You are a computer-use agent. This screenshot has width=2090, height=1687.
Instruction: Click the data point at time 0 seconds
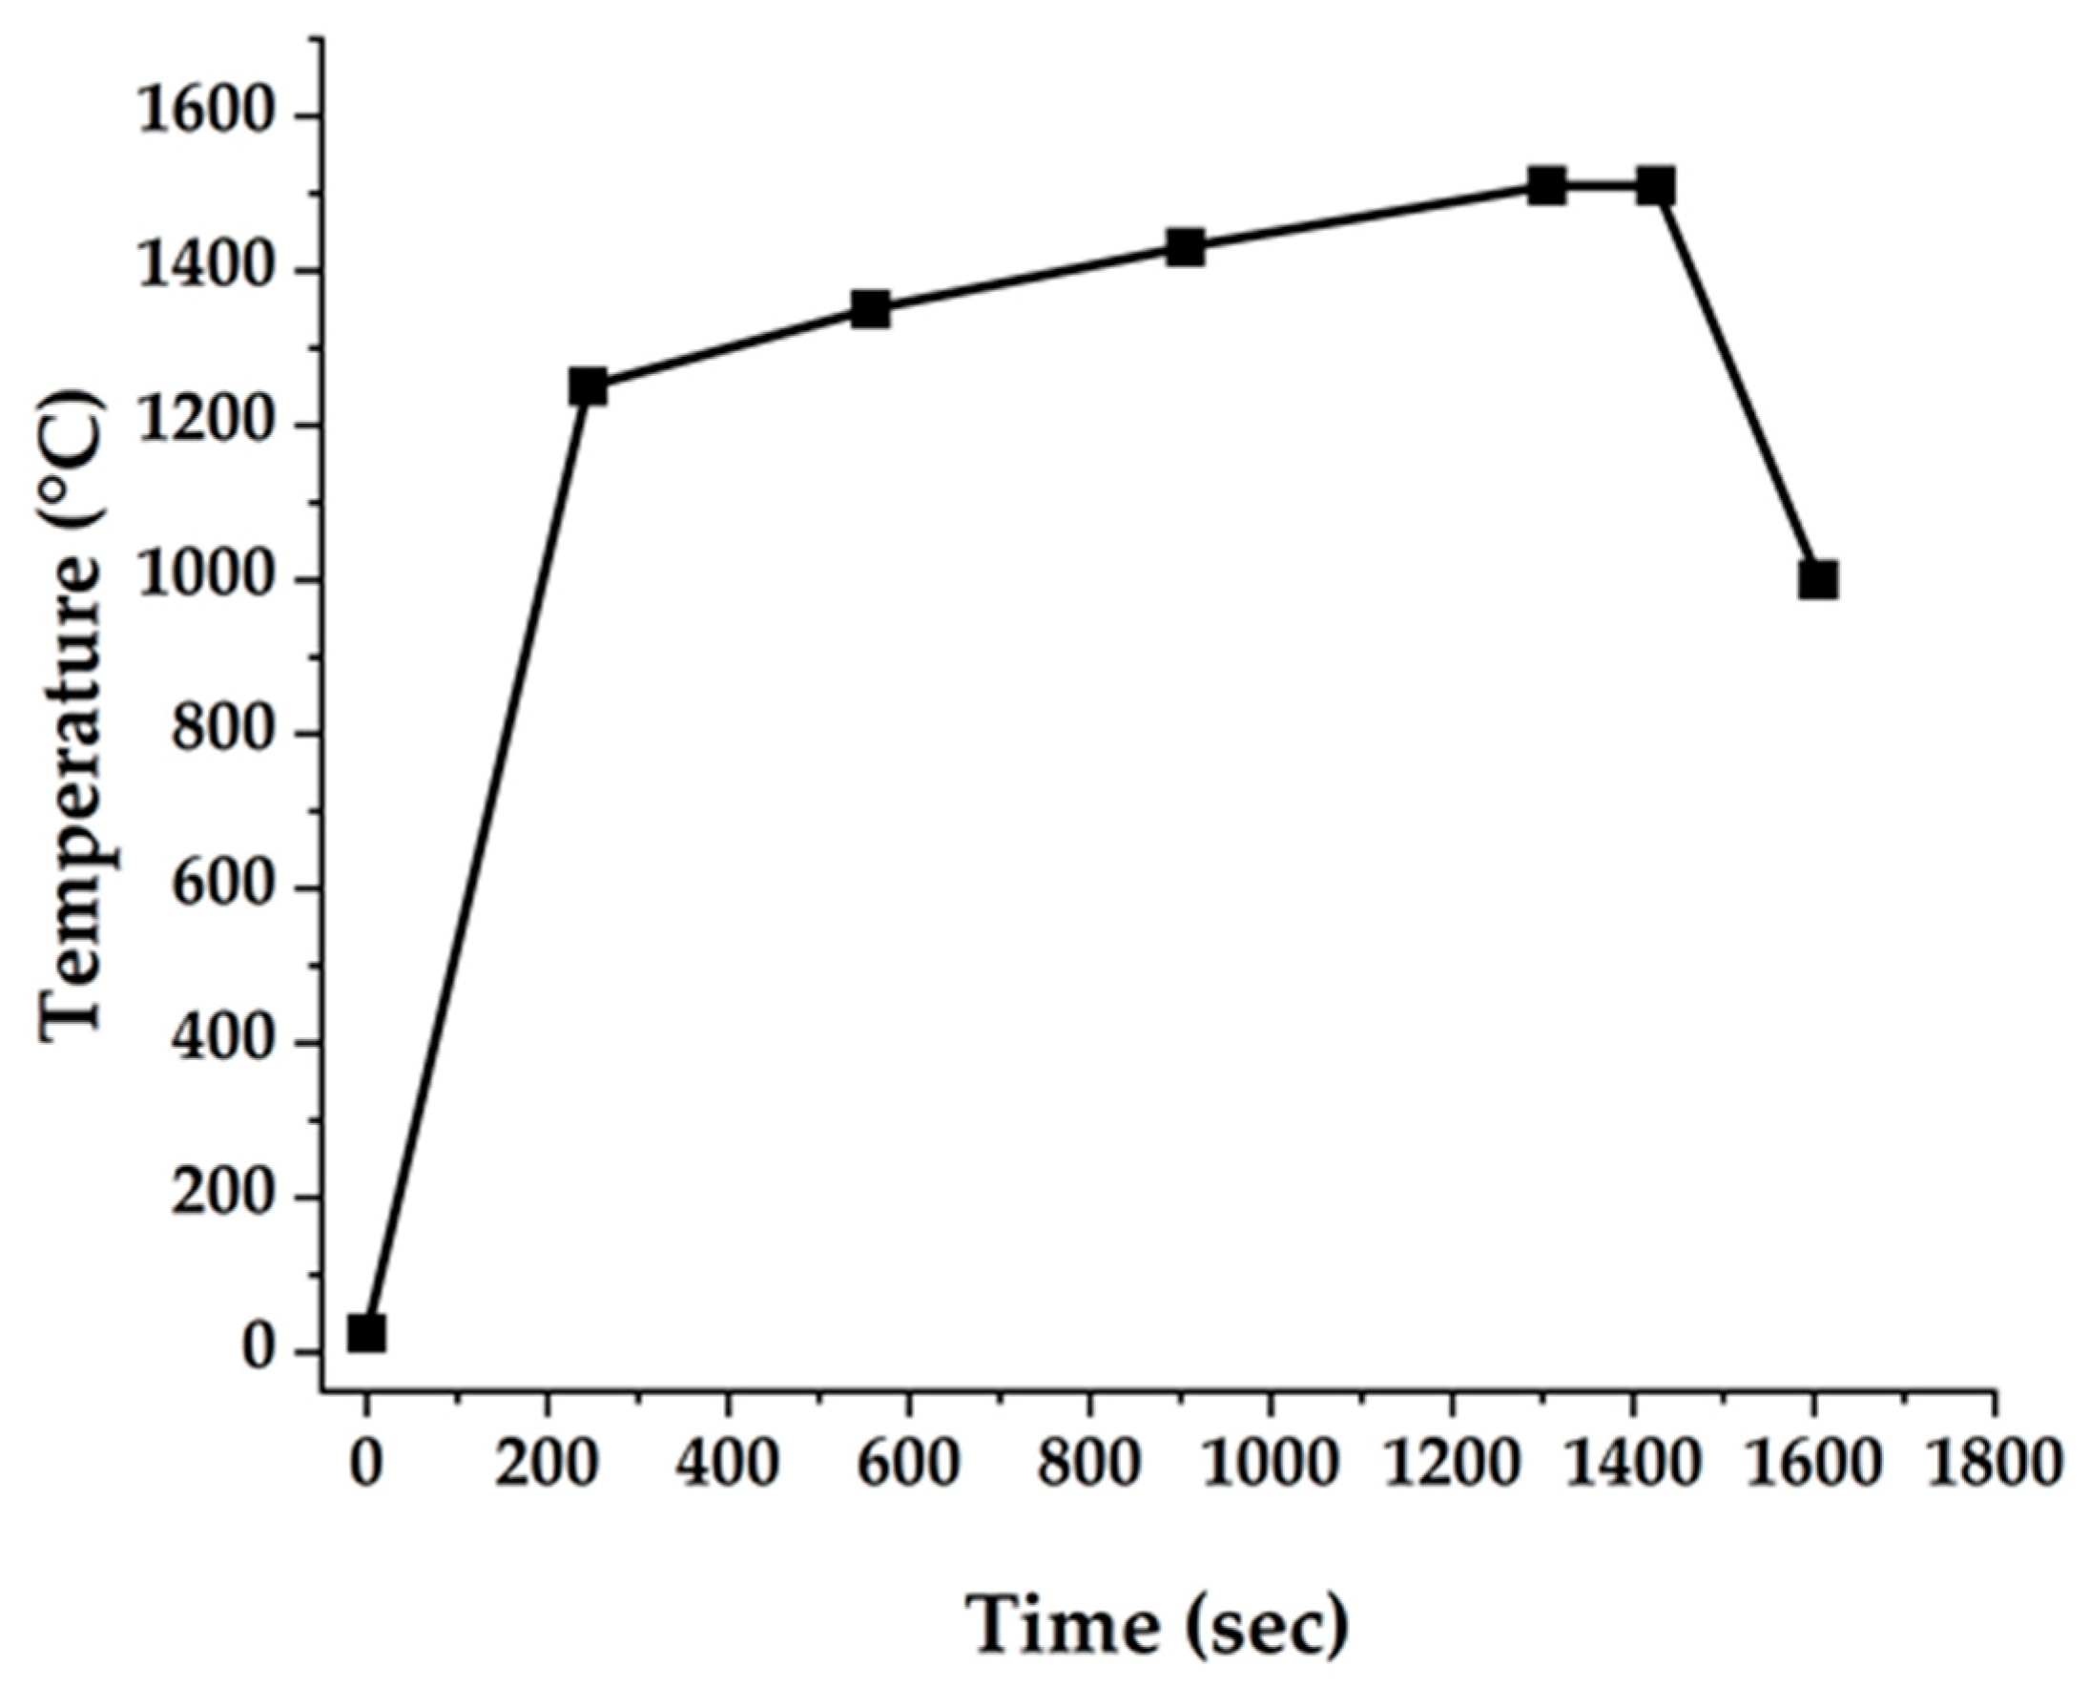pos(366,1332)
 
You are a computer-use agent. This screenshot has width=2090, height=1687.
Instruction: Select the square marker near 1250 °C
pos(588,385)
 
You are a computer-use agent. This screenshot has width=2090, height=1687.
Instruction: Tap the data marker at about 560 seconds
pos(871,309)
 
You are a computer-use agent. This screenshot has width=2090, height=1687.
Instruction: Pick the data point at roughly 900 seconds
pos(1186,247)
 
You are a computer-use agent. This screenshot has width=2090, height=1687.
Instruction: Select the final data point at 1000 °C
pos(1817,580)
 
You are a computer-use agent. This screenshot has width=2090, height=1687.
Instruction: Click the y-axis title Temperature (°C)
pos(72,718)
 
